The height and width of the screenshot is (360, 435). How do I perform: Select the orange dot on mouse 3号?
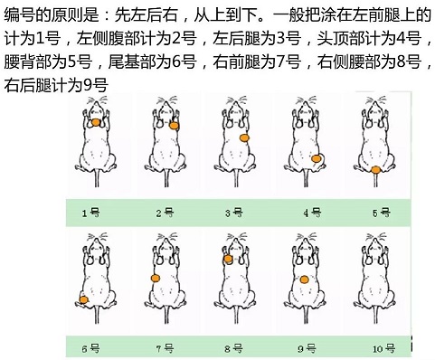[243, 137]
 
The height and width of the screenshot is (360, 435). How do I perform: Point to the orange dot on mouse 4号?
[316, 158]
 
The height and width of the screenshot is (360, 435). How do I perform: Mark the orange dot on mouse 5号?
[375, 168]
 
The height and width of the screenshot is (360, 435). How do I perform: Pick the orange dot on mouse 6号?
[84, 299]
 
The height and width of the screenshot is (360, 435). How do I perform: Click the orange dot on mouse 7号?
[156, 279]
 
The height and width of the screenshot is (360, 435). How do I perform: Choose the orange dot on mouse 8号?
[228, 259]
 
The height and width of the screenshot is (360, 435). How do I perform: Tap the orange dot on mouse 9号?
[305, 279]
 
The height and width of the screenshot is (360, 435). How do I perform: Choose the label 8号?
[234, 346]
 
